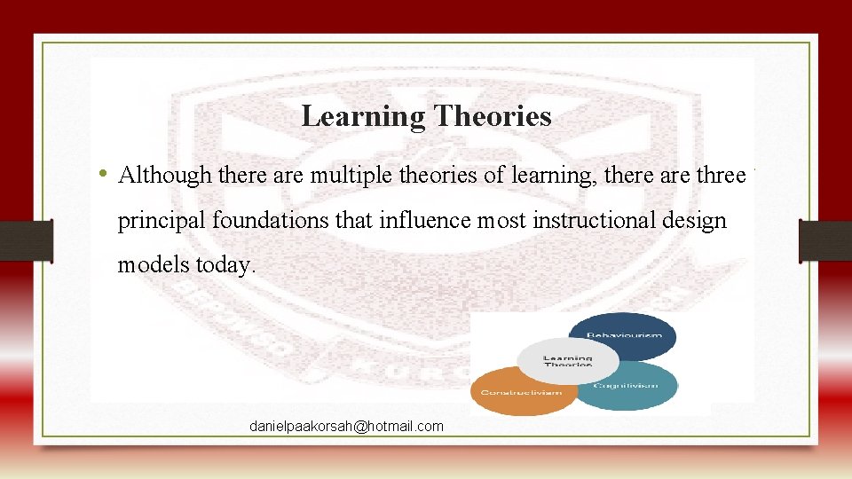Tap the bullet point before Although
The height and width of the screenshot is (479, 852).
(104, 173)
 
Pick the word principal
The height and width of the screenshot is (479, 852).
(162, 220)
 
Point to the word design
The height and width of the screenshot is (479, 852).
(696, 220)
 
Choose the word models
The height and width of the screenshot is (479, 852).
(150, 263)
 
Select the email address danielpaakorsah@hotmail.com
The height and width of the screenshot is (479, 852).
(346, 427)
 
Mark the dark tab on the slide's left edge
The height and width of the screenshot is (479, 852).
(27, 240)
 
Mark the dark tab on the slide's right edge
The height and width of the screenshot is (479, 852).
(825, 240)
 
